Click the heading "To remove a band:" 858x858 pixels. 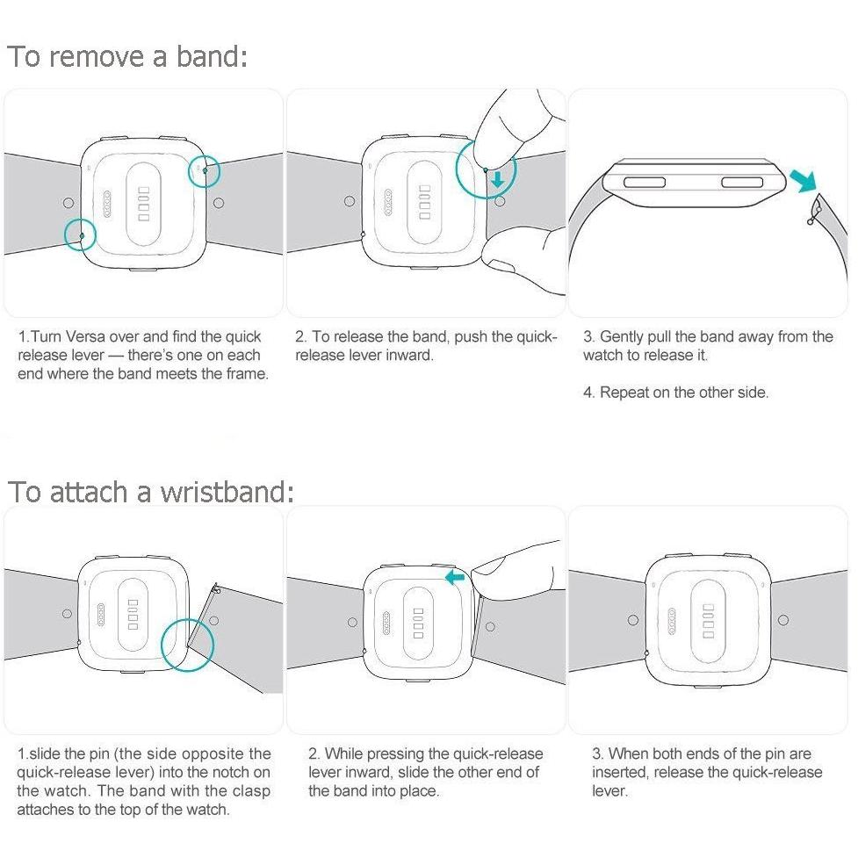(127, 56)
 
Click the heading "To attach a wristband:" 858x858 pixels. (151, 491)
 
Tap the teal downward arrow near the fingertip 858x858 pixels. (497, 178)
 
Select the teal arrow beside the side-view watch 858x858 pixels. (804, 180)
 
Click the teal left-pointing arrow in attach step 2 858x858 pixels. (455, 577)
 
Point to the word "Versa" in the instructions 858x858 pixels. (85, 336)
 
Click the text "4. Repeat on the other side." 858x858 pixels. (676, 393)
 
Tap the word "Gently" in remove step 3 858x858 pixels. (621, 337)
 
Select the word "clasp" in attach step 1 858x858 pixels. (251, 791)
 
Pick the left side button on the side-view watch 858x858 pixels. (645, 182)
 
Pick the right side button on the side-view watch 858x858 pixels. (742, 182)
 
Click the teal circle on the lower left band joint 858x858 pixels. (80, 234)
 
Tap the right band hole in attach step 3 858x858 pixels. (783, 620)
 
